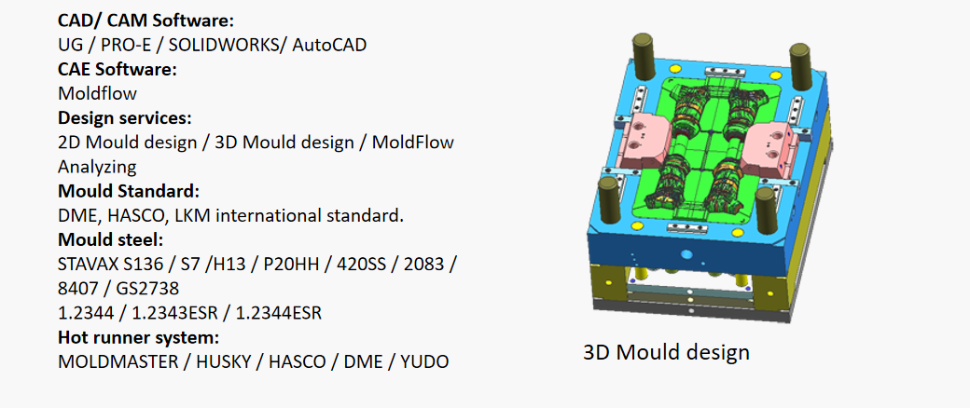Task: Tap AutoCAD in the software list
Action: point(330,45)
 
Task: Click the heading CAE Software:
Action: point(118,69)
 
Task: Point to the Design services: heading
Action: point(124,117)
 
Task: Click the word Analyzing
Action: point(97,167)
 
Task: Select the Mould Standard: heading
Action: point(129,190)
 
